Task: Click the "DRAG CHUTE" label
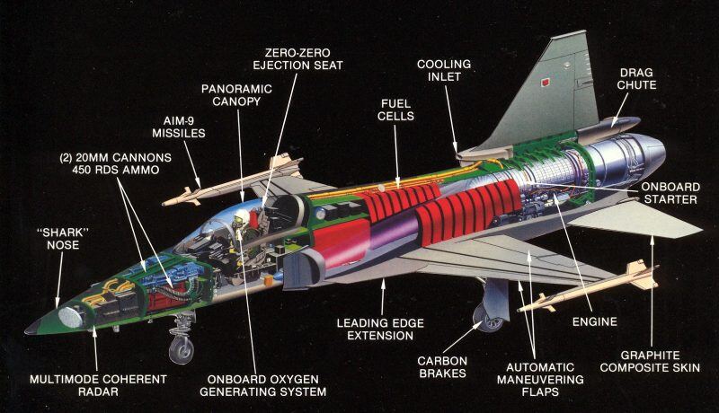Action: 637,78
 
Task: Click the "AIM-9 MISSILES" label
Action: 179,126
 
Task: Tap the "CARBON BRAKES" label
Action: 441,367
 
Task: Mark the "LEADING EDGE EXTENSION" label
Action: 375,330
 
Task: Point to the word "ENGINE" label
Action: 594,320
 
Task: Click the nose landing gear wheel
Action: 181,348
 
